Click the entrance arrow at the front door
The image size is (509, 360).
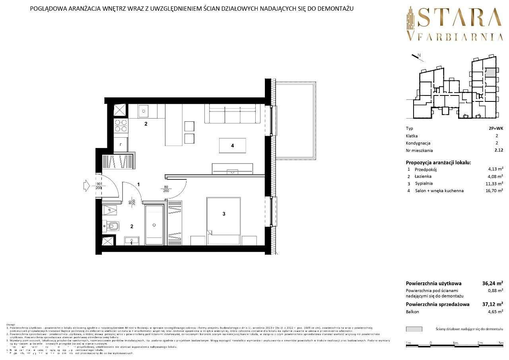pos(87,185)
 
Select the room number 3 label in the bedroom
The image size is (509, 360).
pos(224,214)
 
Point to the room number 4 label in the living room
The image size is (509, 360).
pos(232,146)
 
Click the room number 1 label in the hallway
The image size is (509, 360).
pos(138,184)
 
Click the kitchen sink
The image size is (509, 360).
pos(143,111)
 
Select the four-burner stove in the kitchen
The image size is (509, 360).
pos(120,126)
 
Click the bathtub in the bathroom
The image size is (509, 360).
pos(154,225)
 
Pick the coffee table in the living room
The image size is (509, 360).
pos(232,146)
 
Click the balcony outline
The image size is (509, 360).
pos(296,120)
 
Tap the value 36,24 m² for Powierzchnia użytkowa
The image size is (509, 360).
pos(493,284)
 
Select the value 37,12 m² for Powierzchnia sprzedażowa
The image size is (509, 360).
pos(493,304)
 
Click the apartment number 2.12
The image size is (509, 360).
pos(498,150)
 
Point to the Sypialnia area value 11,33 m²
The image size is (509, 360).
pos(494,183)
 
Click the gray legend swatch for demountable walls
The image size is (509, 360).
pos(414,329)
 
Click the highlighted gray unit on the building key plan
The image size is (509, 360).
pos(491,72)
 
